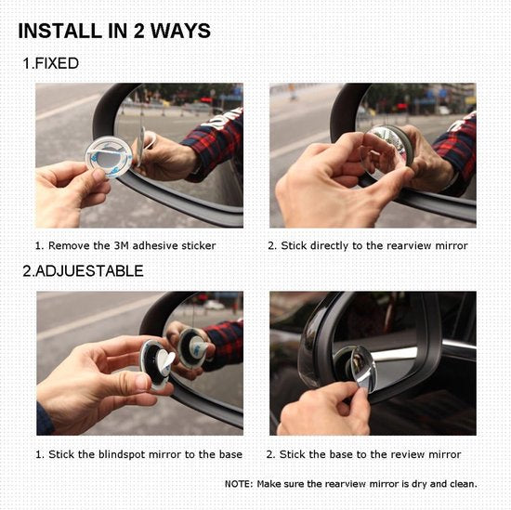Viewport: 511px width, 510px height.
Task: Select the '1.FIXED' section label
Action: (51, 64)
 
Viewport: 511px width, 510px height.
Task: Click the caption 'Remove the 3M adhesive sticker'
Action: (125, 245)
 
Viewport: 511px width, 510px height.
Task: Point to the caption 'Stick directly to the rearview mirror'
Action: (367, 245)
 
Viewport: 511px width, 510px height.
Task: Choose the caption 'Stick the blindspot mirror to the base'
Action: (138, 454)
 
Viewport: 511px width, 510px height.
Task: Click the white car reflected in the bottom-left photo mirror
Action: (215, 305)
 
